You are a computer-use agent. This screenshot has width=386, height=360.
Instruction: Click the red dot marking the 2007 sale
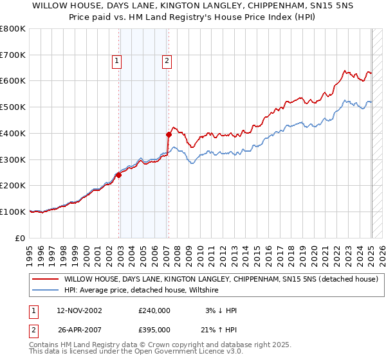[x=169, y=134]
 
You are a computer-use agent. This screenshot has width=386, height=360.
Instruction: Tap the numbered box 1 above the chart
[x=117, y=61]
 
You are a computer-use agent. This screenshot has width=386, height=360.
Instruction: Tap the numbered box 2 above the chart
[x=166, y=61]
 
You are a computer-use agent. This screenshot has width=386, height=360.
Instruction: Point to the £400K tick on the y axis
[x=13, y=133]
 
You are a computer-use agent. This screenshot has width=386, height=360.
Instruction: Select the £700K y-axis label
[x=13, y=55]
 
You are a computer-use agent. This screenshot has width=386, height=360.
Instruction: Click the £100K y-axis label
[x=13, y=212]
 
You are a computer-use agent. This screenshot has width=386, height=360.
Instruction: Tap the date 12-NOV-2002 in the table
[x=79, y=310]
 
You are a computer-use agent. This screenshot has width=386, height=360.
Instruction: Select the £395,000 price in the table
[x=154, y=329]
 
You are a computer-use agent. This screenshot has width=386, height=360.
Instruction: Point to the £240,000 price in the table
[x=154, y=310]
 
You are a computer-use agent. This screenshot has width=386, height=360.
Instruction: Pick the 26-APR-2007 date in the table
[x=79, y=329]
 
